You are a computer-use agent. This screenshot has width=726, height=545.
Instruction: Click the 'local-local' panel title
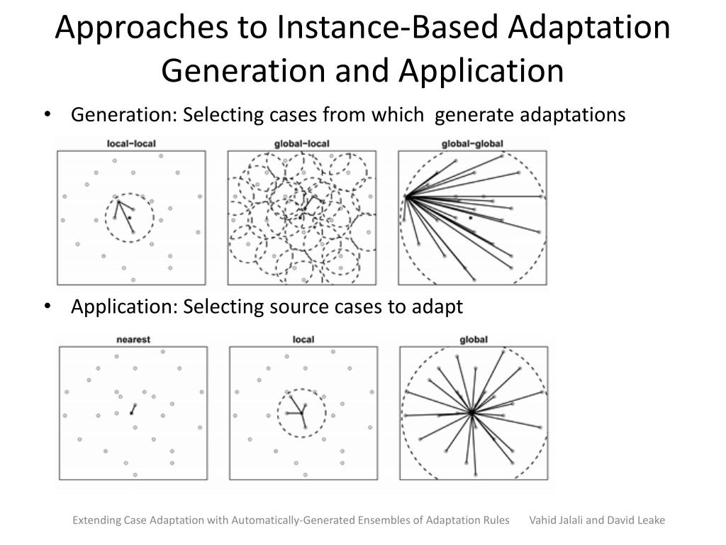tap(131, 144)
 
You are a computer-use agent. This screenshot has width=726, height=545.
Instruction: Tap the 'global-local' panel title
tap(301, 144)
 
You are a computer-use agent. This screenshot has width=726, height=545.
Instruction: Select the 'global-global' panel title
tap(472, 144)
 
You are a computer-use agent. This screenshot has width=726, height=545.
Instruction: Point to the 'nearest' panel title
tap(133, 339)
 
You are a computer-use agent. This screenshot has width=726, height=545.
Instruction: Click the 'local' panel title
tap(303, 339)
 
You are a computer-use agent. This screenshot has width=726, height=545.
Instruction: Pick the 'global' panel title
tap(474, 339)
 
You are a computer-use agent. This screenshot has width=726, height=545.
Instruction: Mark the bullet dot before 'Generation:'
tap(47, 114)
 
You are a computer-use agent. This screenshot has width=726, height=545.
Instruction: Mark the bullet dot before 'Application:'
tap(47, 307)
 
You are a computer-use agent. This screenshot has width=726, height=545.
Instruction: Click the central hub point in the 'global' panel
tap(471, 412)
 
